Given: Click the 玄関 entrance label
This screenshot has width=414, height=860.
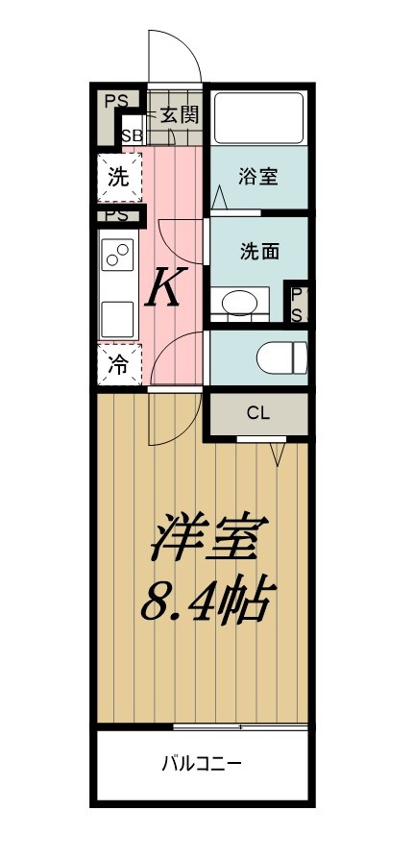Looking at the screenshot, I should pos(180,115).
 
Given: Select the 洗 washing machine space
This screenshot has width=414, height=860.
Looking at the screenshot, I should pos(118,177).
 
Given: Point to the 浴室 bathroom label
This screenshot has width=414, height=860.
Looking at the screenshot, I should pos(258,177).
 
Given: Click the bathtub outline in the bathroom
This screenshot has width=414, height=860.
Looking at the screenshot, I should pos(258,117).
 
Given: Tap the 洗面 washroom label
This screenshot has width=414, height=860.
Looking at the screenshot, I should pos(258,252).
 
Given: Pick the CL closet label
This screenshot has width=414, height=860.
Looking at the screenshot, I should pos(258,414).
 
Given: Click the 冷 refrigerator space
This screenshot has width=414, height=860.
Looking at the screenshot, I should pos(118,365).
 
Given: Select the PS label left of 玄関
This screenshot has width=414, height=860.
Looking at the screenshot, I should pos(116,99).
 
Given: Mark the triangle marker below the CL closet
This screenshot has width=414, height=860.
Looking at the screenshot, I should pos(280,452).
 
